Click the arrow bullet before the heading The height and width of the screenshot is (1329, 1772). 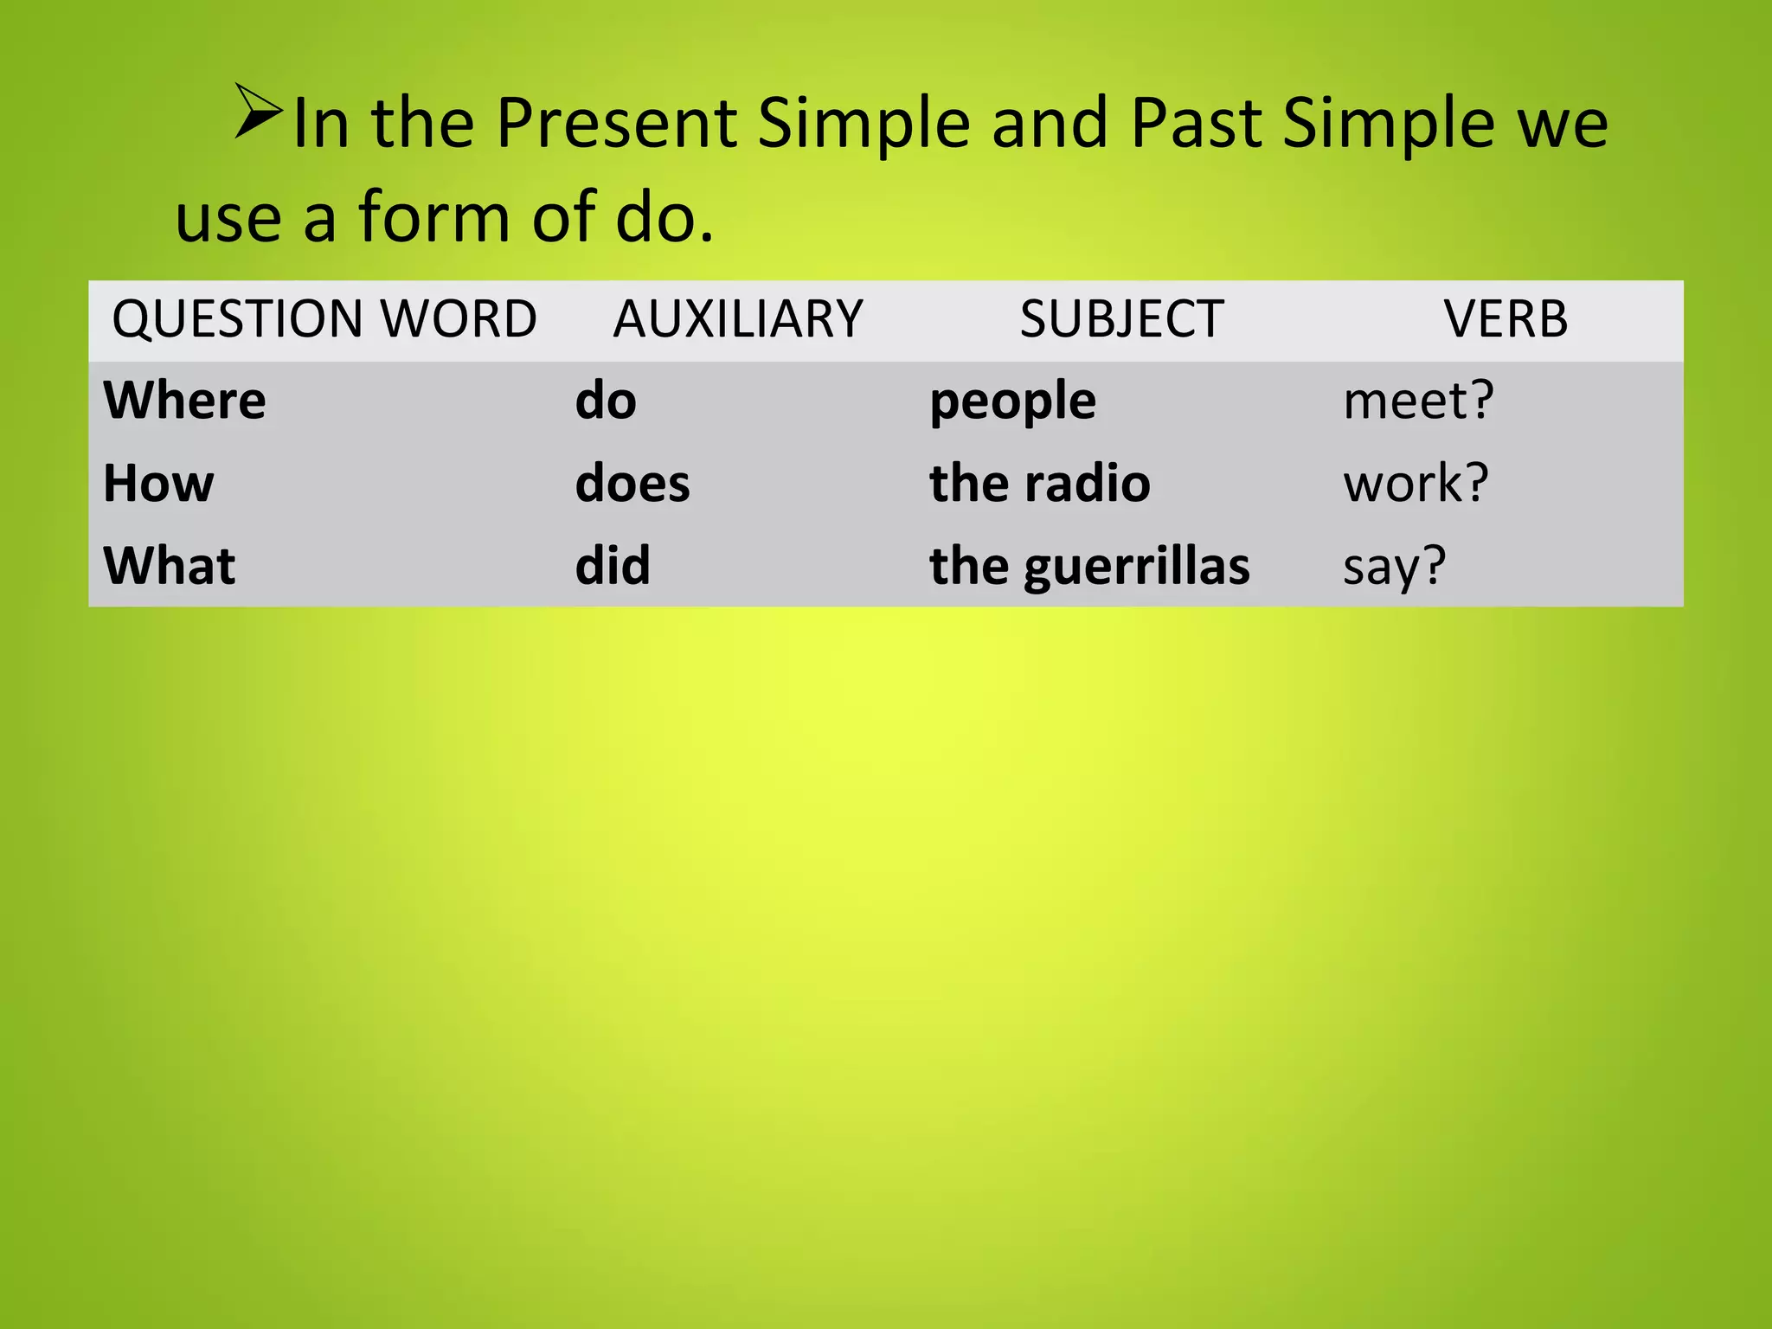(258, 112)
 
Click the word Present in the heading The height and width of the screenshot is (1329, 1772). (615, 124)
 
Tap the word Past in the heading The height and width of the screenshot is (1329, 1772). (1195, 124)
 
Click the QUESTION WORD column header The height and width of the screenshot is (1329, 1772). (324, 318)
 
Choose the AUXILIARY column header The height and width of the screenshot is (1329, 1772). (738, 318)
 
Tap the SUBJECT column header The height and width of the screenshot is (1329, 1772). (1121, 318)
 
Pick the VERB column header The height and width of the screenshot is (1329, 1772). (1506, 318)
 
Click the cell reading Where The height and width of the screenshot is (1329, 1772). (184, 401)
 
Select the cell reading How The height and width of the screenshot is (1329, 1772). (158, 483)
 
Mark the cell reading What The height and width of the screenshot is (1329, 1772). (170, 566)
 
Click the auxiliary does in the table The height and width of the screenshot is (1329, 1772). (632, 483)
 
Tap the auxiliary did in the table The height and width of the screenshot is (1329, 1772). (613, 566)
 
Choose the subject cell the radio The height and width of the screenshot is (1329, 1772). (1039, 483)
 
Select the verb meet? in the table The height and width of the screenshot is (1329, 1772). (1418, 401)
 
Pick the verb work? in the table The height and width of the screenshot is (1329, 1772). (1416, 483)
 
